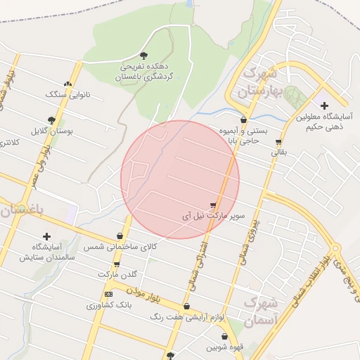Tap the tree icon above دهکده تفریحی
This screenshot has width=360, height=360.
coord(144,55)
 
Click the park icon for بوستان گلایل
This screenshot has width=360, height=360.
coord(51,120)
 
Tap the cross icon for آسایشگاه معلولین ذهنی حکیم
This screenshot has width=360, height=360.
coord(324,105)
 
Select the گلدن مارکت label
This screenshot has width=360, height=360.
coord(116,273)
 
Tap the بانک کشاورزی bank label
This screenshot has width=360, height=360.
coord(109,305)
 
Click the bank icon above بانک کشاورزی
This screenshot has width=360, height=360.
coord(108,293)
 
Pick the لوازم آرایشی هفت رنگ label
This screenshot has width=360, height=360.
coord(187,317)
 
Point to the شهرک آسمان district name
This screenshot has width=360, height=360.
coord(261,311)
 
